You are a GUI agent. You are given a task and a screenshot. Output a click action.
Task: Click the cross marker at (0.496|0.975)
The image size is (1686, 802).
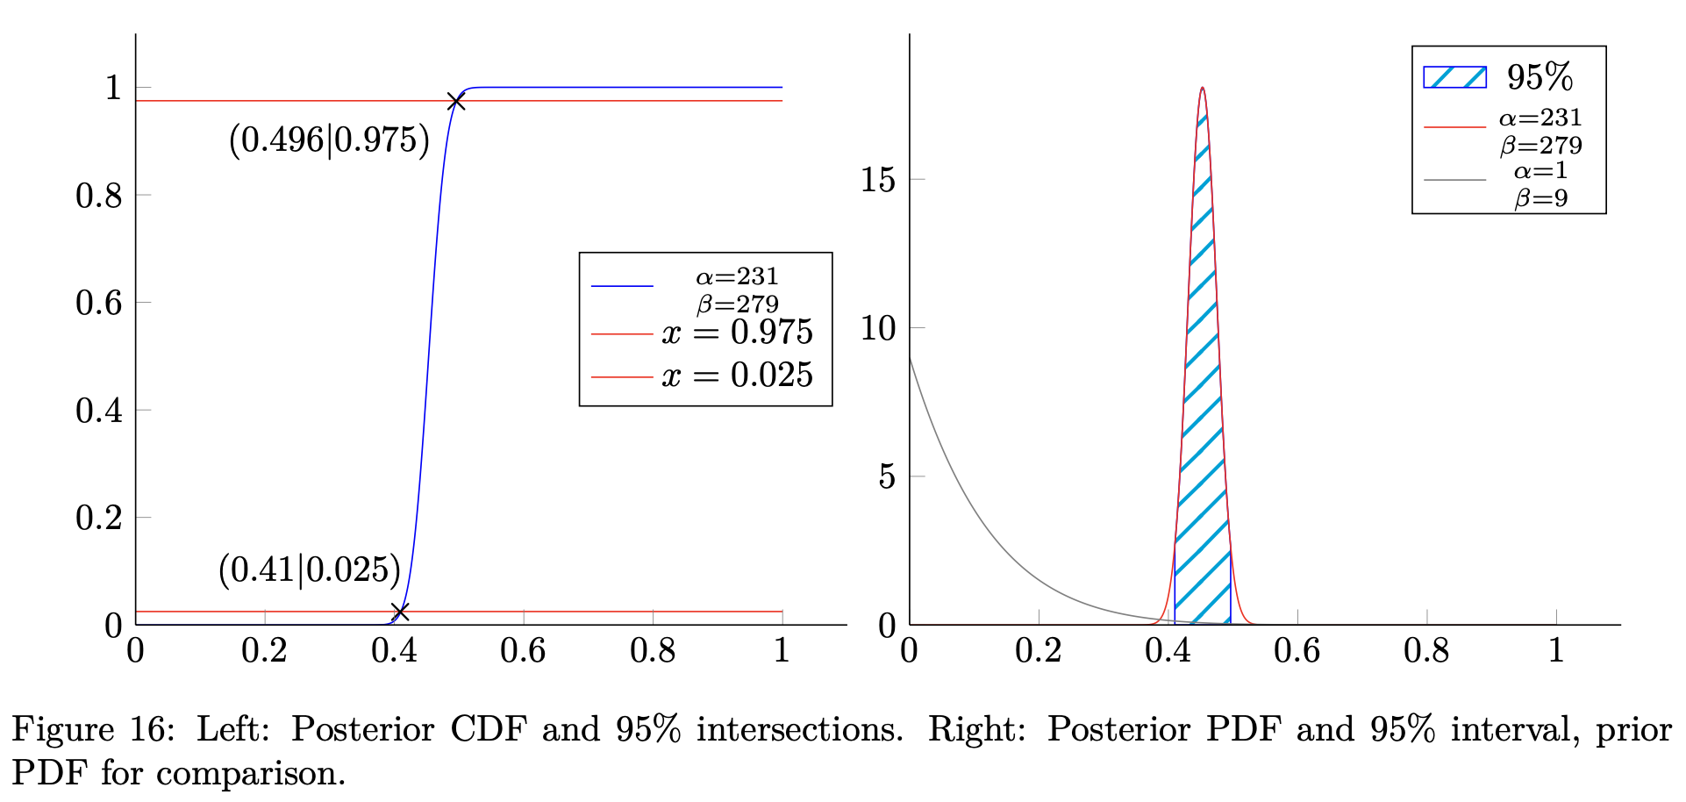pos(455,102)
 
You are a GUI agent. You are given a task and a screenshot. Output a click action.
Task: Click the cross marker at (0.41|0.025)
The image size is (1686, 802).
pos(400,612)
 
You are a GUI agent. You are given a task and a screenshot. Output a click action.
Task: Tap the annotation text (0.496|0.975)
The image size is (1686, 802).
pos(329,140)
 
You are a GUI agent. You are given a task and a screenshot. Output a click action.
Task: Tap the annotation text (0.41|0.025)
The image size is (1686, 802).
pos(309,570)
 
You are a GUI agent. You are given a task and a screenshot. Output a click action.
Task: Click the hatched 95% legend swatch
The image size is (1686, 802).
pos(1454,77)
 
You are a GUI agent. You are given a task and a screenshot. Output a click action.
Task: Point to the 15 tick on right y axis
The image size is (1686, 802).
pos(878,180)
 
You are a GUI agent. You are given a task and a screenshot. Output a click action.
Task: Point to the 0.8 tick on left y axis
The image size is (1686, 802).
pos(98,195)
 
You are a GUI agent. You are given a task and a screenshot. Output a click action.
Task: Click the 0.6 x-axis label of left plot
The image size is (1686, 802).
pos(523,651)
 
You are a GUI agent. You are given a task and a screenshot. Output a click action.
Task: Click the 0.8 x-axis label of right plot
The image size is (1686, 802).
pos(1426,651)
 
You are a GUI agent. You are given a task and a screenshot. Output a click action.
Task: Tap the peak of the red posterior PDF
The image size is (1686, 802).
pos(1202,89)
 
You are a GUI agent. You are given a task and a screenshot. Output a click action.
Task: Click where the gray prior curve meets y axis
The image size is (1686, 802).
pos(911,356)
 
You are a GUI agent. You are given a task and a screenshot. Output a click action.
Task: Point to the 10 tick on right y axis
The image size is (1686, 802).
pos(878,328)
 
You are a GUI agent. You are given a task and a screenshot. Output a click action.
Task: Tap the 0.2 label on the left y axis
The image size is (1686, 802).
pos(98,518)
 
